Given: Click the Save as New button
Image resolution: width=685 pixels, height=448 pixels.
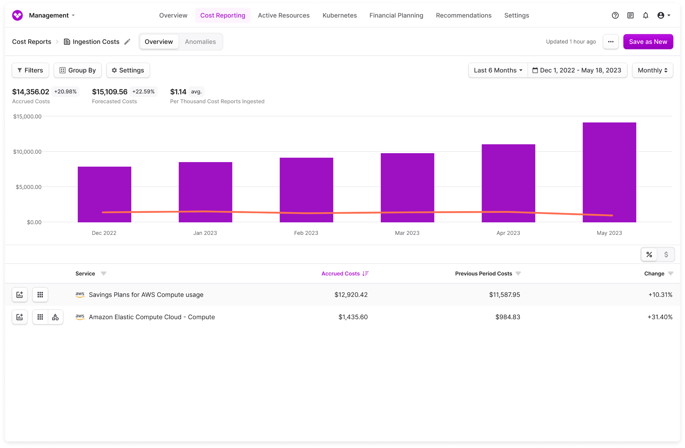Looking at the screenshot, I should point(648,42).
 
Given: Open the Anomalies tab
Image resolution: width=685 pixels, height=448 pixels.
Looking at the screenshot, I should point(200,42).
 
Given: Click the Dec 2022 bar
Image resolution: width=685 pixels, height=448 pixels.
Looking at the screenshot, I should point(104,194).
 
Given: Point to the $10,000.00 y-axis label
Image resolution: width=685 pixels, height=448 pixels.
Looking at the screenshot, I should point(27,152).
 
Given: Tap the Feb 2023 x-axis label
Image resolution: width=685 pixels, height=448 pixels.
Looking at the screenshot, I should point(306,233).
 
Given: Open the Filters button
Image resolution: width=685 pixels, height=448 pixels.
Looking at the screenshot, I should point(30,70).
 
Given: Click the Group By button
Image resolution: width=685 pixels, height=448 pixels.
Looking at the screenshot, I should point(77,70).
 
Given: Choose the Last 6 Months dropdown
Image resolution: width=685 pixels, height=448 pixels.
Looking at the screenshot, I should point(498,70).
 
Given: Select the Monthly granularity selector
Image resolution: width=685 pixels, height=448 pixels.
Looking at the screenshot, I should point(652,70).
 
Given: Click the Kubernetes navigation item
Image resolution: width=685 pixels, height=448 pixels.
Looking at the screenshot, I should point(340,15).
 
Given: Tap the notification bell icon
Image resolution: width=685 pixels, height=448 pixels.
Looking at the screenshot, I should point(645,15).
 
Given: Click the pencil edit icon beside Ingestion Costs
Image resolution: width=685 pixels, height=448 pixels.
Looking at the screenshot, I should point(127,42).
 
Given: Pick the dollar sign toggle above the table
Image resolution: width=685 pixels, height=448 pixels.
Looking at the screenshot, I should point(666,255).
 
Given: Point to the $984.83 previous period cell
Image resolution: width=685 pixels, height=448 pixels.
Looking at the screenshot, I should point(507,317).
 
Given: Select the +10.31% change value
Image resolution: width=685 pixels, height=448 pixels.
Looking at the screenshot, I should point(660,295).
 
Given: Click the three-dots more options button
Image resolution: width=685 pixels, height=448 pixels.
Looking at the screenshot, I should point(611,42).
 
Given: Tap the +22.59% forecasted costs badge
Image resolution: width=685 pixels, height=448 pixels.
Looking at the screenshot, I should point(143,92).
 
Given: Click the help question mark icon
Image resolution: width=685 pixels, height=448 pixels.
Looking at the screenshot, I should point(615,15).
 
